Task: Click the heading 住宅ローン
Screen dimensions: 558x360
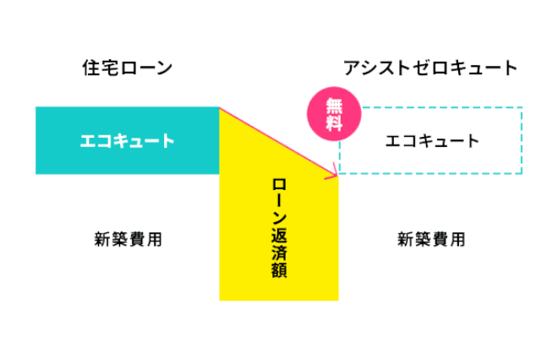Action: pos(127,68)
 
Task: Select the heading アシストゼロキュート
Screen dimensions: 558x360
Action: pos(430,68)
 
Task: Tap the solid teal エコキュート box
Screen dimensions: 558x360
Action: pos(127,140)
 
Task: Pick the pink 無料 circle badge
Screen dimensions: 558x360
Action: pos(334,114)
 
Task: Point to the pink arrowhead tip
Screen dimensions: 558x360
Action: pos(337,174)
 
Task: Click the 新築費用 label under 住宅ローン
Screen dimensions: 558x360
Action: pos(129,239)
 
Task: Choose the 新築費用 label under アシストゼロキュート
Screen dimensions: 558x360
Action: pos(431,239)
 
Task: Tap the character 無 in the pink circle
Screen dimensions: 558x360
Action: pos(334,106)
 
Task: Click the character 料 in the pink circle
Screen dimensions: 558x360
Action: pos(334,123)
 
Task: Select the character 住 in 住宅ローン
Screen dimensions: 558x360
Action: pos(90,68)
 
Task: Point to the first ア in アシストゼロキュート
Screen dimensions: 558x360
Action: pos(352,68)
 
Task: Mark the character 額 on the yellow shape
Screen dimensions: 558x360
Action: pos(279,270)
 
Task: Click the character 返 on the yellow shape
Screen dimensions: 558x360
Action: pos(279,234)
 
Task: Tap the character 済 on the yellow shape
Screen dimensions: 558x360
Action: pos(279,252)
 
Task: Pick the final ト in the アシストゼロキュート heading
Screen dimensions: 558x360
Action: pos(510,68)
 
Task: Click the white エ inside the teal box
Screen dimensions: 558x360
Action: pos(87,141)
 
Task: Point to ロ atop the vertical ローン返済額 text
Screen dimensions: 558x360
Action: pos(279,185)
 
